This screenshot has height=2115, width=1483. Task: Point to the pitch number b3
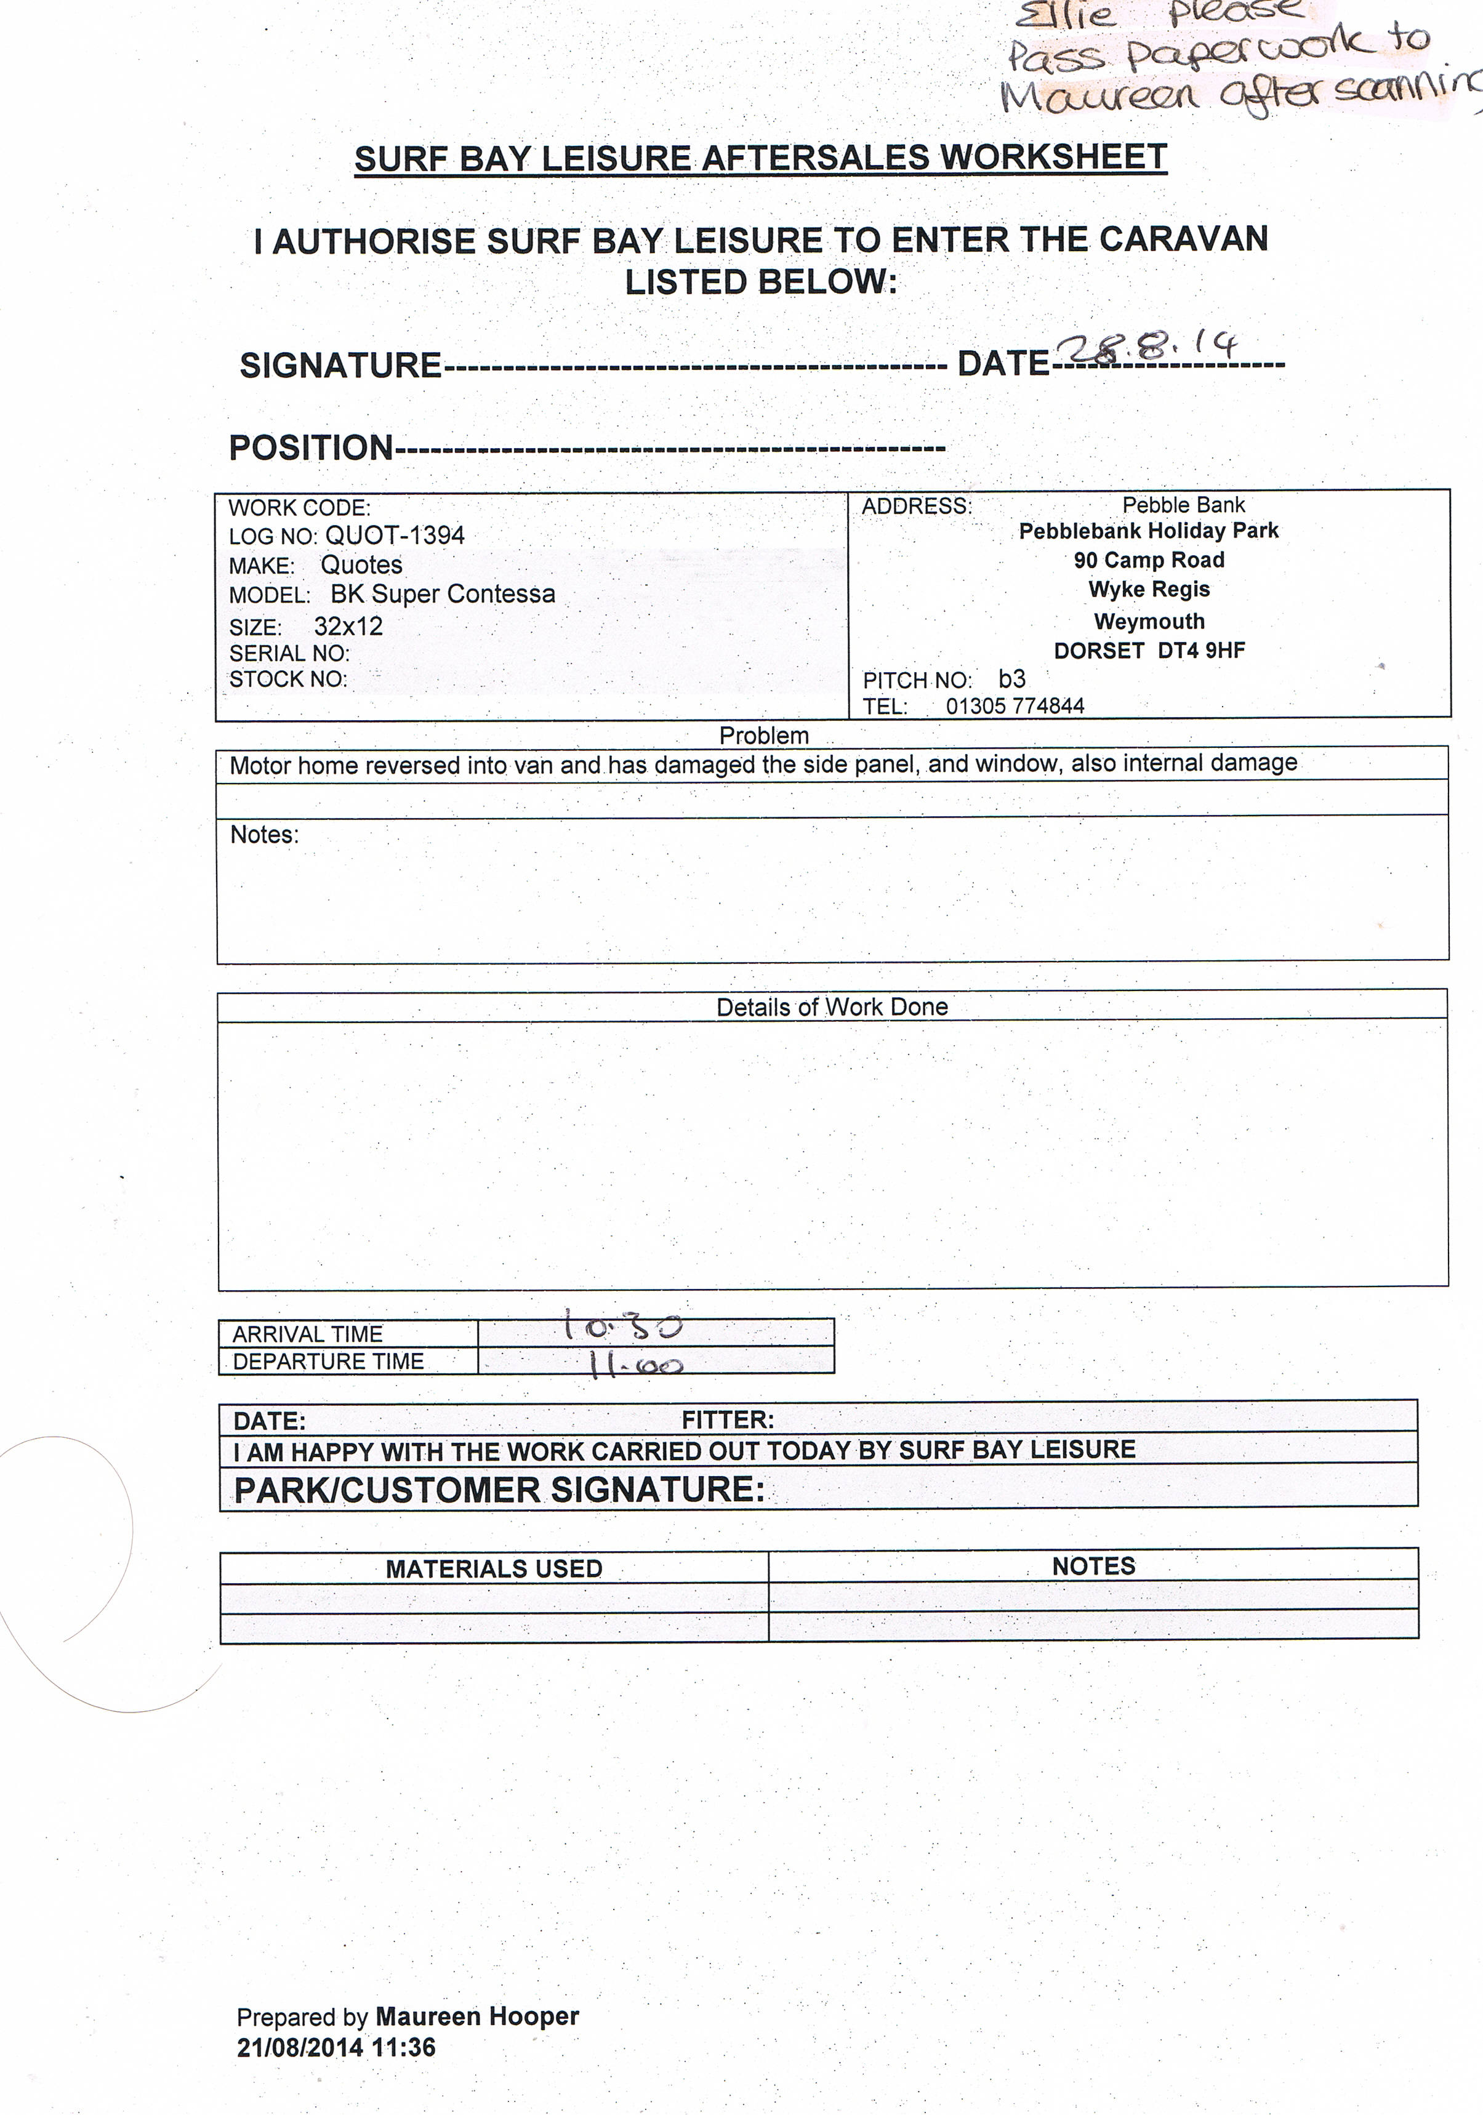pos(1011,679)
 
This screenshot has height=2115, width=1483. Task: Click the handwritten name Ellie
pos(1065,15)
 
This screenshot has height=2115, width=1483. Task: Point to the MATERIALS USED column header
pos(494,1569)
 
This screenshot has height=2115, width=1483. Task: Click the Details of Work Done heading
pos(832,1007)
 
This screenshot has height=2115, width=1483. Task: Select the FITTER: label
pos(727,1419)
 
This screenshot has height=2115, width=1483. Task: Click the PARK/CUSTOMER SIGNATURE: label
pos(498,1490)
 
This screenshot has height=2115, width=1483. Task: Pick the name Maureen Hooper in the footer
pos(477,2017)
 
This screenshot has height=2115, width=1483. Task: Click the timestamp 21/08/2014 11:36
pos(336,2048)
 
